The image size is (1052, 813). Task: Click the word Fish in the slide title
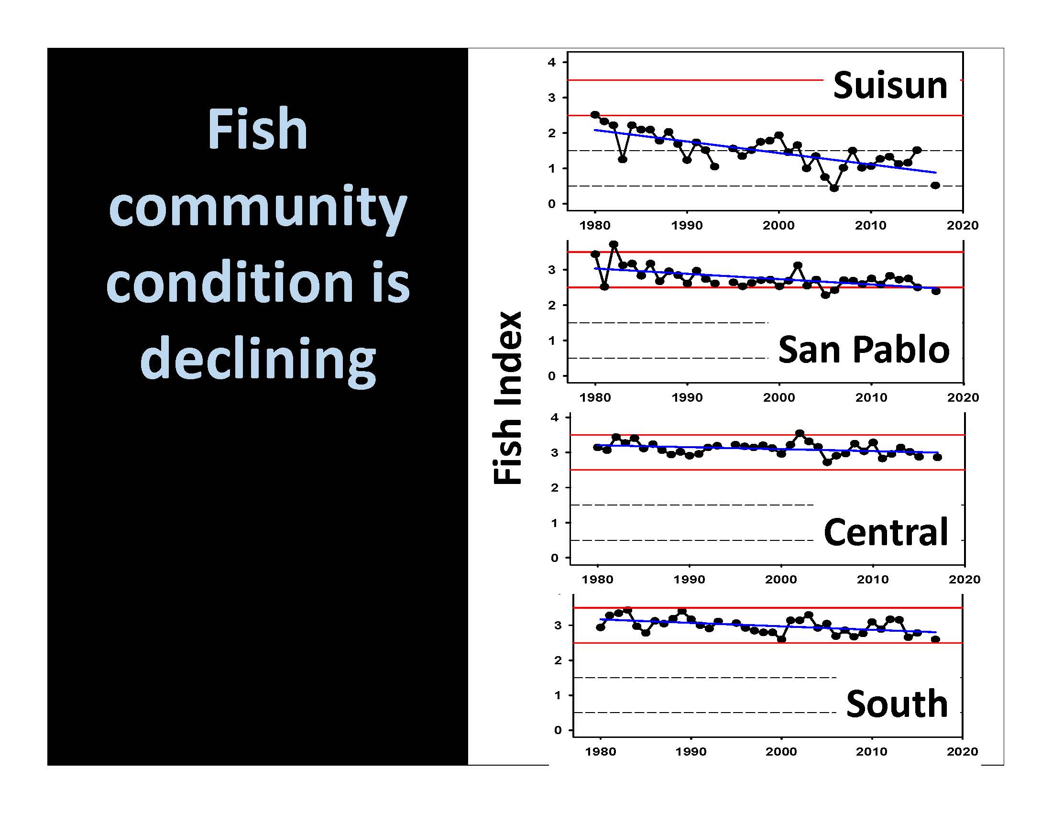[x=257, y=129]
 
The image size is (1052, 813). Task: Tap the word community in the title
[x=258, y=208]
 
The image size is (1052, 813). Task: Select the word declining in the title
[x=258, y=359]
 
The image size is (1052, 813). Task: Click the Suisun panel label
[x=890, y=86]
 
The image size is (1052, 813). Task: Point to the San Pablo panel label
[x=864, y=349]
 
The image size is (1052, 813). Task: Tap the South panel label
[x=897, y=703]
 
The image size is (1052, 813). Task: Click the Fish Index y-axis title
[x=507, y=398]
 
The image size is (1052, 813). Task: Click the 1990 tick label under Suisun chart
[x=687, y=225]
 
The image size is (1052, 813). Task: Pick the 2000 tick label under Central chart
[x=781, y=579]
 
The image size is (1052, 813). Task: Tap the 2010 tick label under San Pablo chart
[x=871, y=397]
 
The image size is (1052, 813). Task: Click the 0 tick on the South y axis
[x=558, y=730]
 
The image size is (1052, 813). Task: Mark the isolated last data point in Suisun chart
[x=935, y=186]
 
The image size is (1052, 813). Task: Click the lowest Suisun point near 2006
[x=834, y=188]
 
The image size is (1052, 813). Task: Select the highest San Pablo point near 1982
[x=614, y=244]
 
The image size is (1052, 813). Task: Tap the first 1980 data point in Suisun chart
[x=595, y=115]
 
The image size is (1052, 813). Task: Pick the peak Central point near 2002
[x=800, y=433]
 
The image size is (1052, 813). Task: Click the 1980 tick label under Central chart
[x=597, y=579]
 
